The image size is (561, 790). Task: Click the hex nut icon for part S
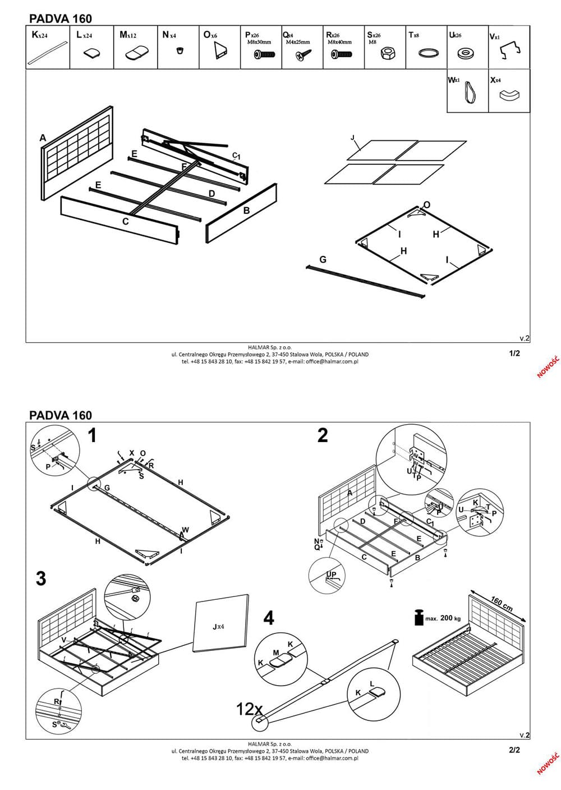coord(387,53)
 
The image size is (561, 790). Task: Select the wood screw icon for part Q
coord(304,55)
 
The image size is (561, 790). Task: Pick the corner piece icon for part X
coord(509,94)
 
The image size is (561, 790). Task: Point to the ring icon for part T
coord(429,54)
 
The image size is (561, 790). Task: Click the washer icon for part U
coord(465,54)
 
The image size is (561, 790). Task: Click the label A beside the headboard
coord(43,138)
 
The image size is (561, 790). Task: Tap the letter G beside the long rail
coord(323,260)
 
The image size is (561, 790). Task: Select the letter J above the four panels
coord(353,138)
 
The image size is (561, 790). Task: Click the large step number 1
coord(92,435)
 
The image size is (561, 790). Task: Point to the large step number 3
coord(41,578)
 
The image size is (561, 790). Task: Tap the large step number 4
coord(269,618)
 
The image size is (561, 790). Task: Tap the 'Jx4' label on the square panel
coord(218,626)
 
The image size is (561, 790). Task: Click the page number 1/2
coord(514,353)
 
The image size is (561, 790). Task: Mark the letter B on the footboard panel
coord(246,211)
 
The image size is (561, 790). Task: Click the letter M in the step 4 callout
coord(276,653)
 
